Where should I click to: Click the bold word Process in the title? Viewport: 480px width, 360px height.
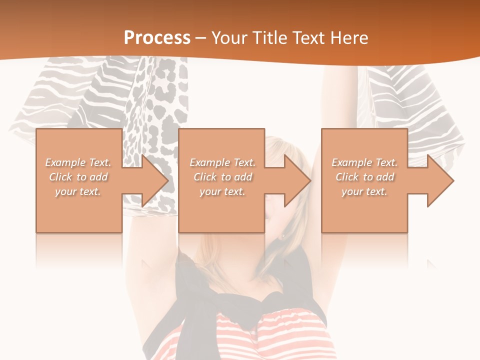(157, 37)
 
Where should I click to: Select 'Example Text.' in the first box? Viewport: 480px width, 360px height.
(78, 162)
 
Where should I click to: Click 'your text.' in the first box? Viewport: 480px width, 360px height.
(78, 191)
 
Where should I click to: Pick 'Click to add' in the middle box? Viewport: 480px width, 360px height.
(222, 177)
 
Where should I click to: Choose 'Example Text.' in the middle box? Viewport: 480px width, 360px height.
(222, 162)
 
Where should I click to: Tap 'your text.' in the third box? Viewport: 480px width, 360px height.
(364, 191)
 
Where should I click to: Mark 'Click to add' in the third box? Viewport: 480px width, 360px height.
(364, 177)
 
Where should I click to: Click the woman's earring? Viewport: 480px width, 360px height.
(283, 236)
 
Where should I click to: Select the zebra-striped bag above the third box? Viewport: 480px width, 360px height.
(400, 100)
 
